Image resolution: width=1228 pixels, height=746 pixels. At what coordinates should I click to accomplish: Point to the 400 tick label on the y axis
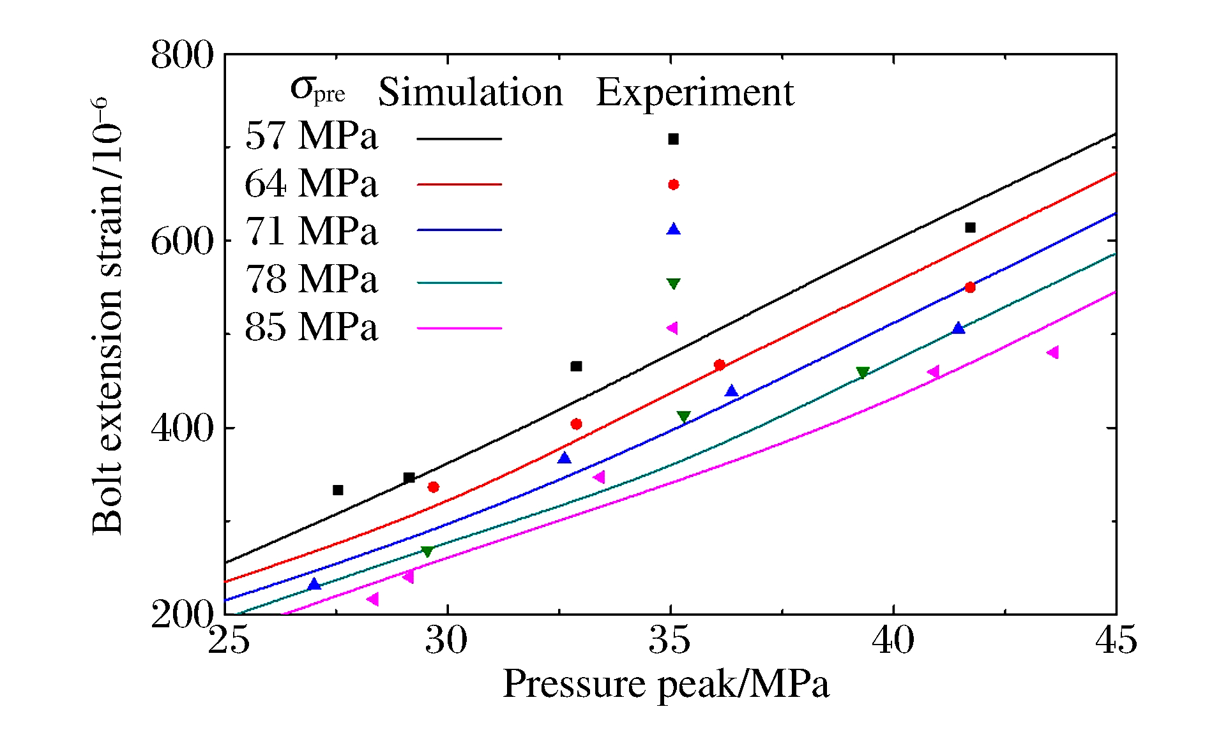(x=182, y=428)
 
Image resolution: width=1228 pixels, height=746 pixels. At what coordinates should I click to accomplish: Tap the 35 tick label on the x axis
(x=670, y=639)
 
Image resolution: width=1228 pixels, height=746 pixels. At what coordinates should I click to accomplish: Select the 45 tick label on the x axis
(x=1116, y=639)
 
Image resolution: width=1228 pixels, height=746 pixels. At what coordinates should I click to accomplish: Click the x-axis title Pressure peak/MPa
(x=666, y=684)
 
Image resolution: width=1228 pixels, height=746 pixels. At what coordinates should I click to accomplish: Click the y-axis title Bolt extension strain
(x=107, y=316)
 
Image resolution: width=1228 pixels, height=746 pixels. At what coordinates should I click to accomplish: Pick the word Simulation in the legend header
(x=471, y=93)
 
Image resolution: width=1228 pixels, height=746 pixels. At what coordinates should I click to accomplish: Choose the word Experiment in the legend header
(x=695, y=93)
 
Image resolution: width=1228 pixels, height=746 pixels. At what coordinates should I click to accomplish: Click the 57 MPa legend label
(x=311, y=136)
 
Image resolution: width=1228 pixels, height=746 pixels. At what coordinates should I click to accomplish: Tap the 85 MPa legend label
(x=311, y=327)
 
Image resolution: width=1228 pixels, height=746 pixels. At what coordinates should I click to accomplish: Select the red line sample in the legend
(x=459, y=184)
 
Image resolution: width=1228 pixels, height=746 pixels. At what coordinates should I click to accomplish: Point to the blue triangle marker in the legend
(x=673, y=229)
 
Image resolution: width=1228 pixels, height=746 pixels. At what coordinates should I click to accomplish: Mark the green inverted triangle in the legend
(x=673, y=283)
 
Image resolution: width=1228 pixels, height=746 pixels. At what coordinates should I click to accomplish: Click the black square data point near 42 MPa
(x=970, y=228)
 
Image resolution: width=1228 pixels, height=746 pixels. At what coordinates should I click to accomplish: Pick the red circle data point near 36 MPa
(x=720, y=365)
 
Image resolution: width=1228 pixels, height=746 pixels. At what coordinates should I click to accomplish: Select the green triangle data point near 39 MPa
(x=862, y=373)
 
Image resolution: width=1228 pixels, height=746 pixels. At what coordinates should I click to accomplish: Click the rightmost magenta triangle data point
(x=1053, y=352)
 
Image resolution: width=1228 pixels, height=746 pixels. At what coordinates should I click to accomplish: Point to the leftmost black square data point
(x=338, y=490)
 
